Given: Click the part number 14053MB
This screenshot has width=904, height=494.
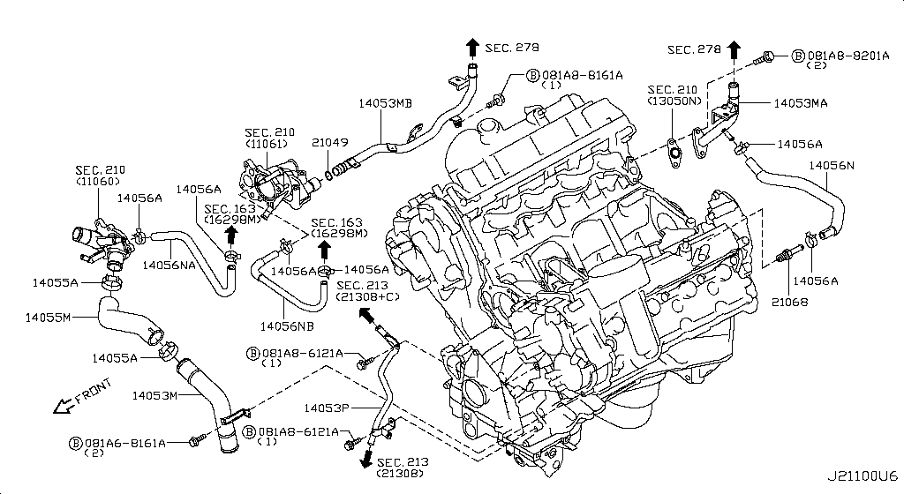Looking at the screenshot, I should click(x=385, y=103).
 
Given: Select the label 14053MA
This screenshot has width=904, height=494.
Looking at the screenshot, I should click(x=801, y=103).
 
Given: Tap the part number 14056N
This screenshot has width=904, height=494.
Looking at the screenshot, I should click(x=830, y=166).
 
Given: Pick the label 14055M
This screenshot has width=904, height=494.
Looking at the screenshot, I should click(x=49, y=316).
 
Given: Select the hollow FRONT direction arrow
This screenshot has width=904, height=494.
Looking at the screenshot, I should click(x=63, y=406).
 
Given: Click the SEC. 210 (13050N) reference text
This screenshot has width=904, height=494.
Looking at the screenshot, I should click(x=674, y=95).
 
